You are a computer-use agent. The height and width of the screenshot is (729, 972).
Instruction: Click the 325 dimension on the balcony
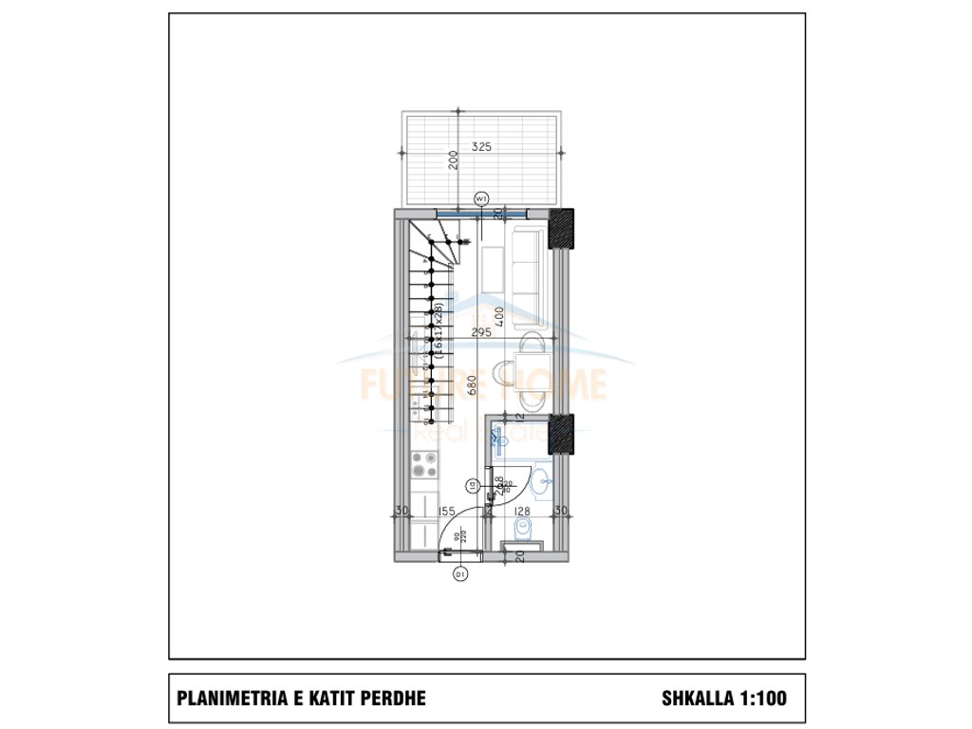pos(481,147)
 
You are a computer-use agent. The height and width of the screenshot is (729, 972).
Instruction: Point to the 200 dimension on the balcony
pos(455,159)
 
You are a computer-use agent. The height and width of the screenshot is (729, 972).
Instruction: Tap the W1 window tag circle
pos(481,198)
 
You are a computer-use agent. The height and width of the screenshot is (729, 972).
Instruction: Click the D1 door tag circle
pos(460,573)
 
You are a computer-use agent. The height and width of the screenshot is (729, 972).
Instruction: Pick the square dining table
pos(528,371)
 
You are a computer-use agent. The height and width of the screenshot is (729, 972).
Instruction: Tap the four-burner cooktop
pos(423,465)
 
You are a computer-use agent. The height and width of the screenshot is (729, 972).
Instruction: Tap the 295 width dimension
pos(481,332)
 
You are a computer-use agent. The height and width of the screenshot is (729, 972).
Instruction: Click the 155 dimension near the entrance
pos(446,512)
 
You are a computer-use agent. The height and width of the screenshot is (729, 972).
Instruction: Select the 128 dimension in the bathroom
pos(521,512)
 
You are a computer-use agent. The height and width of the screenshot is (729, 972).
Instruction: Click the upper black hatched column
pos(562,228)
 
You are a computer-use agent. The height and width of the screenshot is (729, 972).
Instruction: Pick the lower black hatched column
pos(562,433)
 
